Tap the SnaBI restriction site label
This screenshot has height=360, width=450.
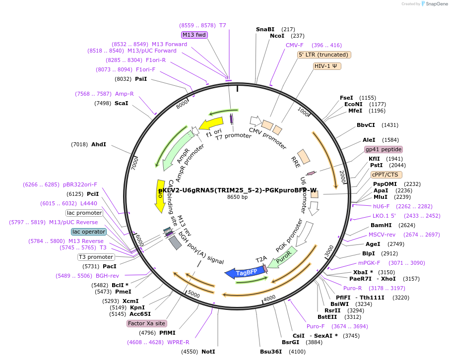click(265, 29)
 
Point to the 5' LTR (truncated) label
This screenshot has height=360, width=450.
click(324, 55)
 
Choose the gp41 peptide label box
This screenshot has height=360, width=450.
click(383, 149)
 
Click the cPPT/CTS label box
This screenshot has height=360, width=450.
click(386, 175)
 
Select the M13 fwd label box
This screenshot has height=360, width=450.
click(194, 35)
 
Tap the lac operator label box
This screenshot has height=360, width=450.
click(89, 232)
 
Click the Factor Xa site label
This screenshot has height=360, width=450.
click(146, 323)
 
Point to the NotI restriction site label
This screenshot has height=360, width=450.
click(208, 352)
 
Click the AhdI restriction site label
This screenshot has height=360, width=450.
click(99, 144)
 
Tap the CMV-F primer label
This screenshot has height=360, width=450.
click(294, 45)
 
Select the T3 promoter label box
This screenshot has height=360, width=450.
click(96, 257)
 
